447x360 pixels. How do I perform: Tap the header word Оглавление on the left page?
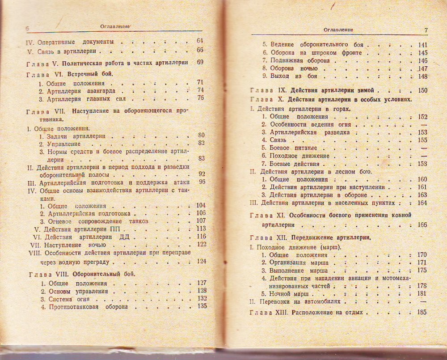click(114, 26)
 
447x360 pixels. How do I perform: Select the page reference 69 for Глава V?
click(199, 62)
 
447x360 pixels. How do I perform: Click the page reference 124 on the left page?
click(201, 261)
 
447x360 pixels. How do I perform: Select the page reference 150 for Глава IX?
click(422, 90)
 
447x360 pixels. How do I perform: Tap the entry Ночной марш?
click(287, 294)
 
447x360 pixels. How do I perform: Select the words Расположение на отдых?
click(327, 312)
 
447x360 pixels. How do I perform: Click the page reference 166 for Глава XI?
click(422, 224)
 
